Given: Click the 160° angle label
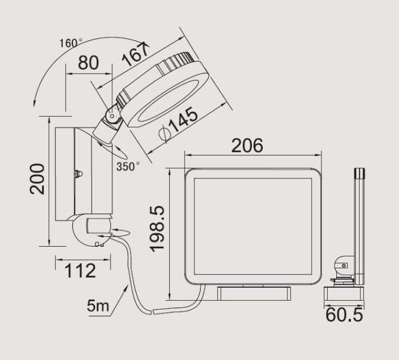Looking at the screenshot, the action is (71, 43).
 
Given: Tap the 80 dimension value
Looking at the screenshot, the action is (88, 63).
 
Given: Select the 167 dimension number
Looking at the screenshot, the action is (135, 55).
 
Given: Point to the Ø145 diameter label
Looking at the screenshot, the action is (178, 124).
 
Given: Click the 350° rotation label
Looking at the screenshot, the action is (128, 166).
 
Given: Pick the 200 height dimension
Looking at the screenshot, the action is (37, 179).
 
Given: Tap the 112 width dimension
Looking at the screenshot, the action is (80, 271).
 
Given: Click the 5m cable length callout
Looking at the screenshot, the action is (98, 305).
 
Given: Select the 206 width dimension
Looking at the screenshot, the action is (247, 145).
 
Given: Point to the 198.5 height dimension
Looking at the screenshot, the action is (157, 229).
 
